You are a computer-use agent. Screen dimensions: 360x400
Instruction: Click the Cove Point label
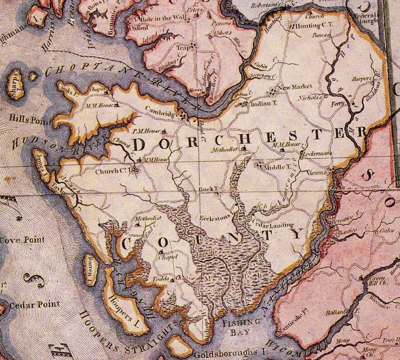[22, 240]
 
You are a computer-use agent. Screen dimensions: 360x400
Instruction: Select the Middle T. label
[276, 167]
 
